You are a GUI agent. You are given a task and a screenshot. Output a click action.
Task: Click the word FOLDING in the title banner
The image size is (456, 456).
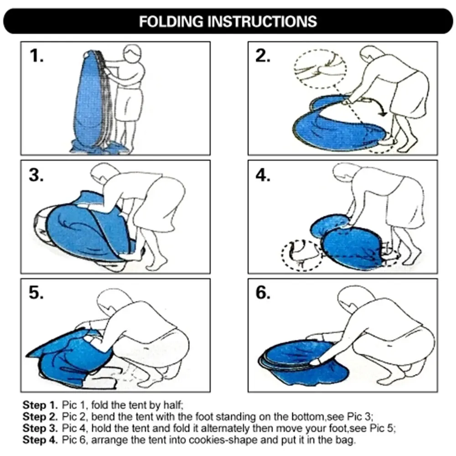pyautogui.click(x=171, y=21)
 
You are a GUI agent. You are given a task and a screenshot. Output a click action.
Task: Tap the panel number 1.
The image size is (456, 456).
pyautogui.click(x=36, y=56)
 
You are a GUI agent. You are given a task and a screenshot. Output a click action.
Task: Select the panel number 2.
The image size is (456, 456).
pyautogui.click(x=263, y=56)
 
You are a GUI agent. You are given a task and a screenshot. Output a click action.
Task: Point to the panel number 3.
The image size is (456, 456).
pyautogui.click(x=36, y=175)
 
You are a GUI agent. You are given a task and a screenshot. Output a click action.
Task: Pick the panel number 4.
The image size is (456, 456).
pyautogui.click(x=263, y=175)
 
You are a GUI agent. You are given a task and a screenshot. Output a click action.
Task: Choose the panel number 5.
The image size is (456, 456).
pyautogui.click(x=36, y=293)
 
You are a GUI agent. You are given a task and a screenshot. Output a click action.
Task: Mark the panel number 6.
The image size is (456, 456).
pyautogui.click(x=263, y=293)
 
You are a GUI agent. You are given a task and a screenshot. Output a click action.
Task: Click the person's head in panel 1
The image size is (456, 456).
pyautogui.click(x=133, y=53)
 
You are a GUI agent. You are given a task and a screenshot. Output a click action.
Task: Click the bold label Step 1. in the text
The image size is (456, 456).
pyautogui.click(x=40, y=405)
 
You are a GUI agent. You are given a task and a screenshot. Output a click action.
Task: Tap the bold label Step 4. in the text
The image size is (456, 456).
pyautogui.click(x=40, y=440)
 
